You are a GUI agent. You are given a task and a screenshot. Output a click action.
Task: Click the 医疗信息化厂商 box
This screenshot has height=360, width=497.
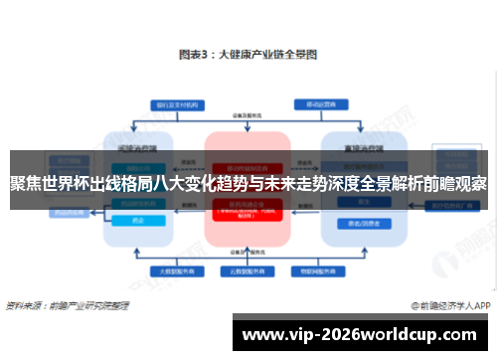458,204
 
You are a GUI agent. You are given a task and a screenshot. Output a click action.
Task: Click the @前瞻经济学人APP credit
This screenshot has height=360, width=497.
450,305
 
